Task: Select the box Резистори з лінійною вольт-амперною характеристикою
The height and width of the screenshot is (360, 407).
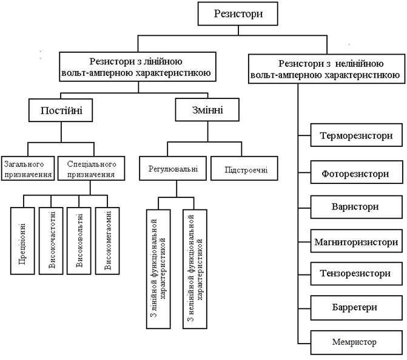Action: pos(139,67)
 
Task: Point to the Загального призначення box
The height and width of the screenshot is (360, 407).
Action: pos(27,168)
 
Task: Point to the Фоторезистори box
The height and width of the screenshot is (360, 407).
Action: pos(356,173)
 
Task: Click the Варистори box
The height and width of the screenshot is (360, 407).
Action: pos(356,207)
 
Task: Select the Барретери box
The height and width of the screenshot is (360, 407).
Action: pos(356,307)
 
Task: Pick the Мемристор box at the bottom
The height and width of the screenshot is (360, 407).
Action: pos(356,342)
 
